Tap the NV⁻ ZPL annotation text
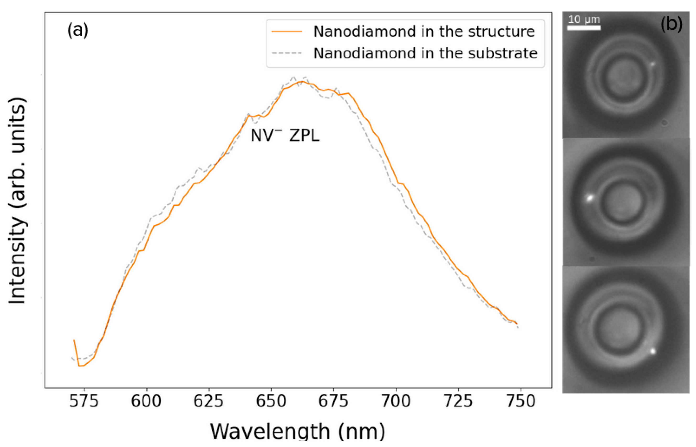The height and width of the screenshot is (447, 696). click(x=285, y=136)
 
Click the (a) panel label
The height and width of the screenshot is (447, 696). click(x=78, y=30)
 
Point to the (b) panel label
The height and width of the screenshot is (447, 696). click(x=671, y=24)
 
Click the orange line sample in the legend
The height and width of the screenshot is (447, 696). click(x=287, y=31)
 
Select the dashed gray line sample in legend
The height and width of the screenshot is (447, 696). click(x=287, y=53)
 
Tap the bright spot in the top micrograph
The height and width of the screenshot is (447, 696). click(x=653, y=64)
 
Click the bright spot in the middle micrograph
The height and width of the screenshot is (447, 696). click(x=589, y=198)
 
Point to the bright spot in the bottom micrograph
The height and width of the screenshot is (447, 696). click(x=653, y=351)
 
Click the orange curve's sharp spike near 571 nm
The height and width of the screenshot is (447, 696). click(x=74, y=340)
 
